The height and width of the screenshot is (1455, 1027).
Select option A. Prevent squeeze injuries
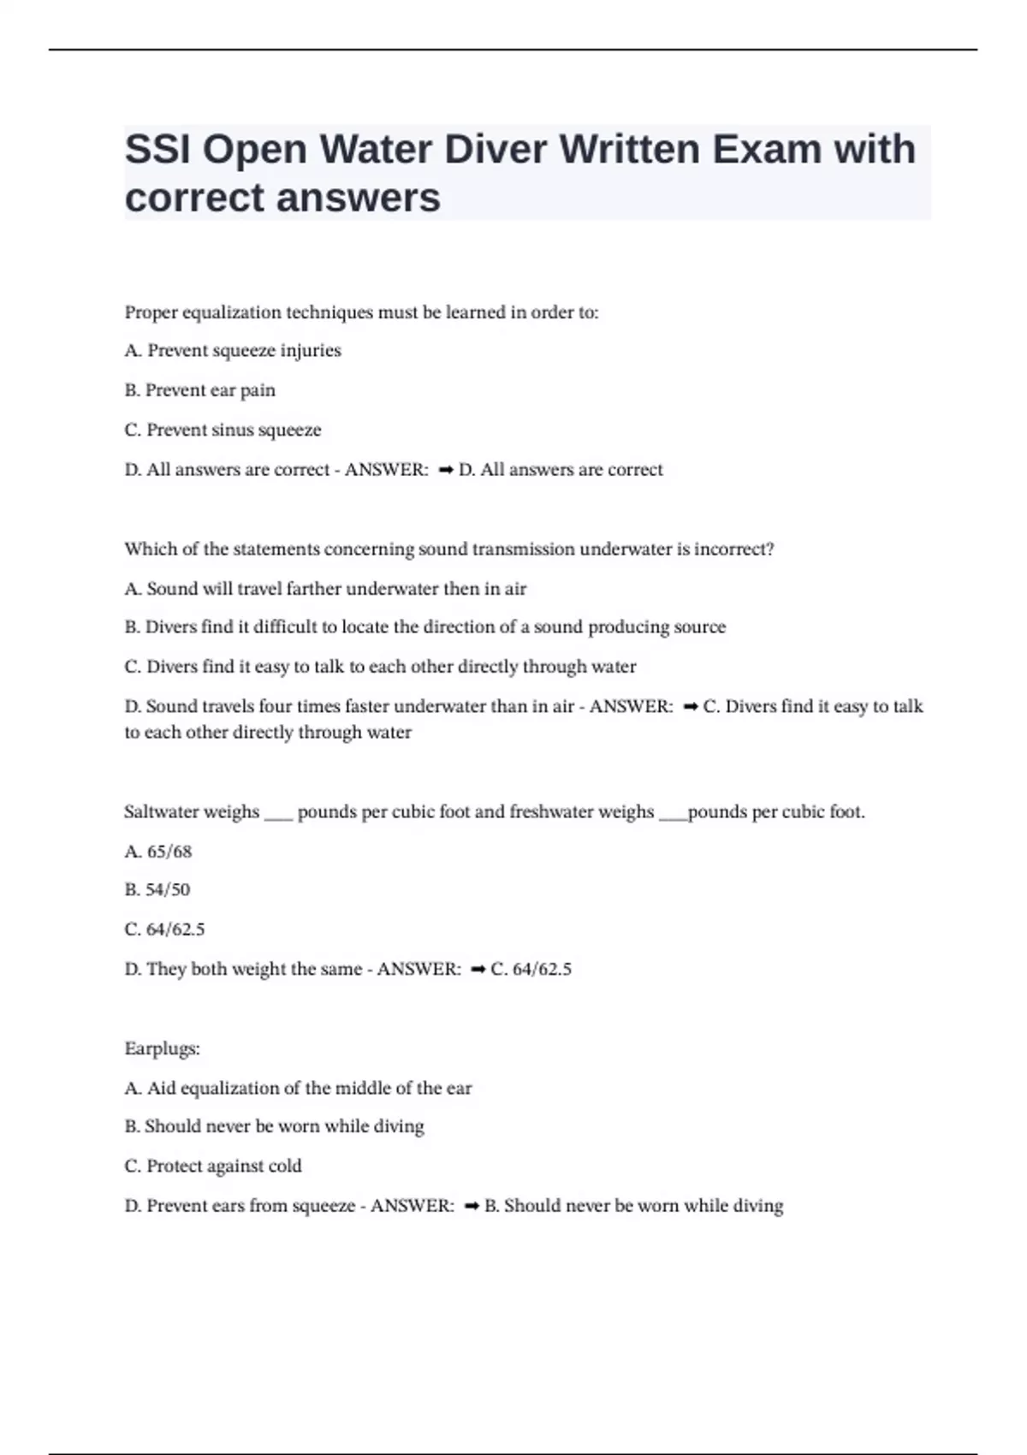(233, 351)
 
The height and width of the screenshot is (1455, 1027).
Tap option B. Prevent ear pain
(200, 390)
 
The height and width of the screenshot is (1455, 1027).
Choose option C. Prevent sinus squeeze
(223, 430)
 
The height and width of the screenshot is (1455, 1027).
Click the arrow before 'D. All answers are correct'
(445, 470)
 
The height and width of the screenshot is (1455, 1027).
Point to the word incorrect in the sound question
(733, 549)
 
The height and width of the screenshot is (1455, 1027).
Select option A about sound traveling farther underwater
(325, 589)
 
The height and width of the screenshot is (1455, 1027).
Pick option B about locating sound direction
(424, 627)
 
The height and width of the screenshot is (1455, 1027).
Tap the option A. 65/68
(158, 852)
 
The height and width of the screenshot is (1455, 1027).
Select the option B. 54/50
(157, 890)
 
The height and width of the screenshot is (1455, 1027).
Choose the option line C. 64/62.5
(164, 929)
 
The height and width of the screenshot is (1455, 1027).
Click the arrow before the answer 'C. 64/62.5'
(478, 970)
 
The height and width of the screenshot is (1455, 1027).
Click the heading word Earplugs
(162, 1048)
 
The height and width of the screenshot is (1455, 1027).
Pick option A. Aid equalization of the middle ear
(298, 1089)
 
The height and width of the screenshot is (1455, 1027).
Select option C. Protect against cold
(213, 1167)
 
